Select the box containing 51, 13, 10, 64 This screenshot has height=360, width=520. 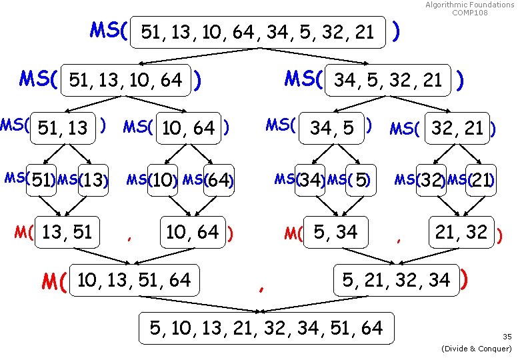click(x=125, y=81)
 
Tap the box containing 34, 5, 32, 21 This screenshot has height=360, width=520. click(x=389, y=81)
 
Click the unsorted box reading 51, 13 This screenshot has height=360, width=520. click(x=63, y=127)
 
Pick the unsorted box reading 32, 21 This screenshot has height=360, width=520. click(x=457, y=127)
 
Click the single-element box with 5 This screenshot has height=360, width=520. click(x=361, y=180)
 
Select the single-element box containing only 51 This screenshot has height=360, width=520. click(x=42, y=180)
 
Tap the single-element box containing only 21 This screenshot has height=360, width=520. click(x=479, y=180)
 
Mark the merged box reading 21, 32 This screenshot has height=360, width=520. click(x=461, y=233)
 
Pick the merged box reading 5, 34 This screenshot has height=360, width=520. click(x=335, y=233)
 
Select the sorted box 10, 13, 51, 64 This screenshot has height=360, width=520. click(x=133, y=281)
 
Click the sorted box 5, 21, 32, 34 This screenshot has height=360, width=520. click(x=396, y=281)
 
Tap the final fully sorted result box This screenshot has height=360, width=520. click(x=266, y=328)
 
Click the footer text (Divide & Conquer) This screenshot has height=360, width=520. click(x=477, y=349)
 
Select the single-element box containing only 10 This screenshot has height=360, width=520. click(x=160, y=180)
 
